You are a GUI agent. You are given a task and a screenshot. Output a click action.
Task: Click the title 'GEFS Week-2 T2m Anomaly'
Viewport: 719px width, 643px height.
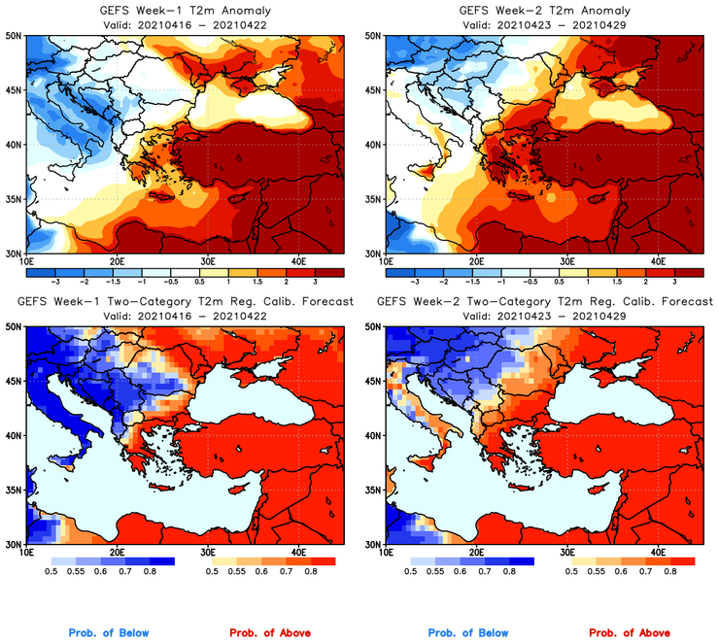(544, 10)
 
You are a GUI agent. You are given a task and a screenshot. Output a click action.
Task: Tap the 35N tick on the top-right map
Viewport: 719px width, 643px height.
(373, 199)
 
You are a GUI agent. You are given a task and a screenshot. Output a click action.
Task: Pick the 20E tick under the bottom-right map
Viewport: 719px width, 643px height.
(475, 553)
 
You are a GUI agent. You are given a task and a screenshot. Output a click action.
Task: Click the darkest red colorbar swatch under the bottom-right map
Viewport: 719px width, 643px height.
(682, 560)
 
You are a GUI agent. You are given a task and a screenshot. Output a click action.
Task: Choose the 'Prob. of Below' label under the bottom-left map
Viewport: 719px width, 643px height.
(109, 633)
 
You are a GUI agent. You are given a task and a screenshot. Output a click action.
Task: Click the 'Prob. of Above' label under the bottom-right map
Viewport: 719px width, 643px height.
(629, 633)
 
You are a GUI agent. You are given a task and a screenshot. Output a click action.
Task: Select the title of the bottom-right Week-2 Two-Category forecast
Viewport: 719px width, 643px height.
(544, 302)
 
